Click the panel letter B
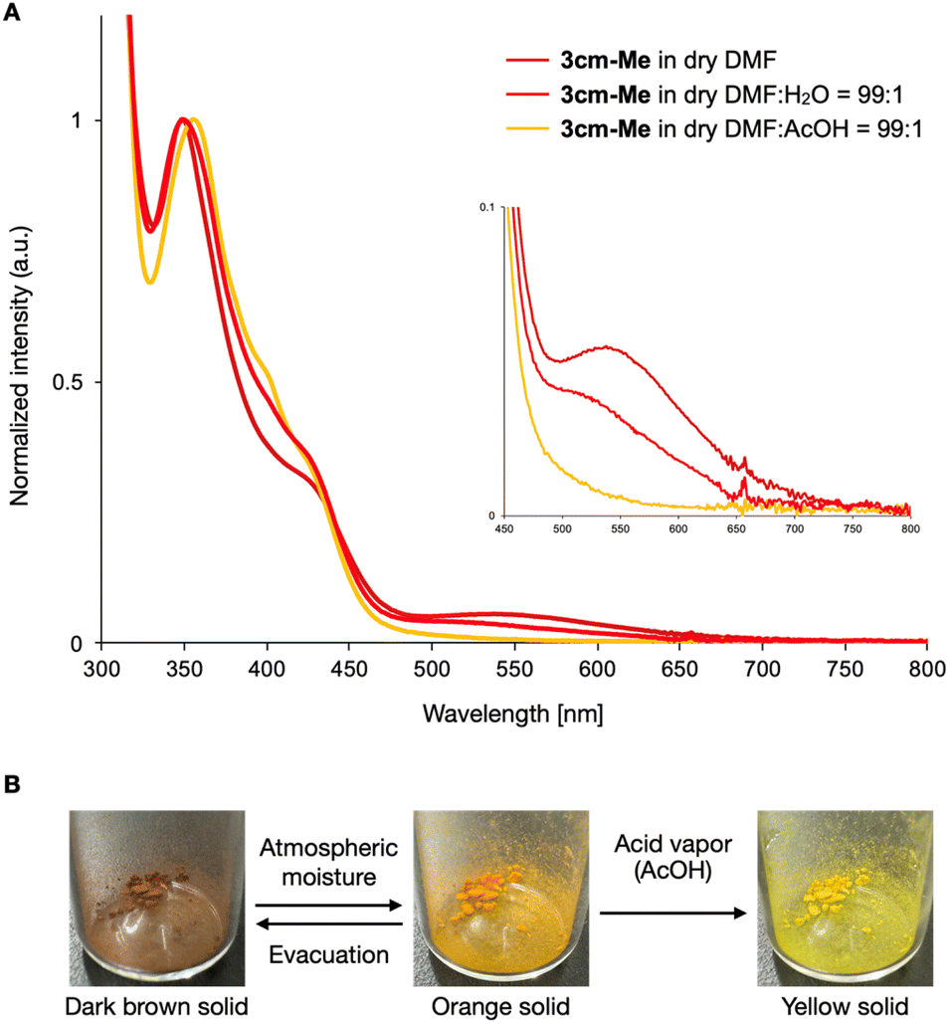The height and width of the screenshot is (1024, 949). pos(12,784)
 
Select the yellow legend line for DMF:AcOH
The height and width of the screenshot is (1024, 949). pos(527,129)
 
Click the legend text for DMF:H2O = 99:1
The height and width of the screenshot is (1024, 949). pos(732,96)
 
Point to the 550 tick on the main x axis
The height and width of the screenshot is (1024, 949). pos(514,647)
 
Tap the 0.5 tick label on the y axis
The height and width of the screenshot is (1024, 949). pos(68,382)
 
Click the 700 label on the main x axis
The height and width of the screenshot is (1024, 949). pos(762,669)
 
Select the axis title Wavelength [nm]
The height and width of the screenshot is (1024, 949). pos(513,714)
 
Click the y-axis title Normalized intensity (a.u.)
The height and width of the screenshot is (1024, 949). pos(20,366)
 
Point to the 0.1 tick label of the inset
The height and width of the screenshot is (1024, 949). pos(487,207)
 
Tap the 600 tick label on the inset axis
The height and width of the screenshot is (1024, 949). pos(678,529)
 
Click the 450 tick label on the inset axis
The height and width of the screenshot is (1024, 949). pos(504,529)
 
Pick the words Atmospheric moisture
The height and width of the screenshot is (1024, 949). pos(329,862)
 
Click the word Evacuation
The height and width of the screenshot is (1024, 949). pos(329,954)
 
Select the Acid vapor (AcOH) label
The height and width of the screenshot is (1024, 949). pos(672,857)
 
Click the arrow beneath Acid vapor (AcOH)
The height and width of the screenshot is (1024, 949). pos(672,913)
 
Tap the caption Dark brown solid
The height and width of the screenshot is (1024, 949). pos(156,1006)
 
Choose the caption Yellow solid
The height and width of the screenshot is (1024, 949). pos(845,1006)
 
